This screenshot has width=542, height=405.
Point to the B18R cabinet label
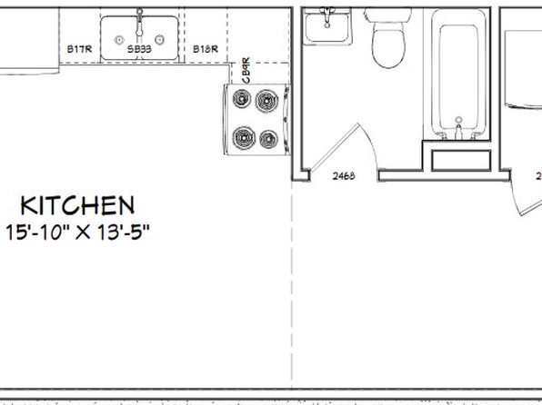[x=204, y=49]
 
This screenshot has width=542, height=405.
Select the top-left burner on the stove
[x=242, y=100]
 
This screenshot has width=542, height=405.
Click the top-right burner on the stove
[x=266, y=99]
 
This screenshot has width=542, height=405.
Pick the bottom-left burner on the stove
[x=243, y=138]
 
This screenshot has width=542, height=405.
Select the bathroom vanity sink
[x=326, y=27]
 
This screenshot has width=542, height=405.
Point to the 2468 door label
[x=343, y=175]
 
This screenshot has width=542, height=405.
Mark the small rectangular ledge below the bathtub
[x=459, y=161]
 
